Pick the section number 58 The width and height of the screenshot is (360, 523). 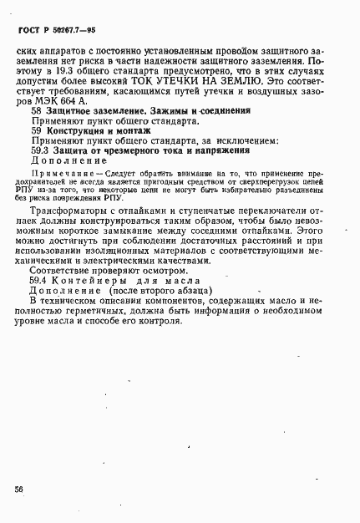tap(36, 110)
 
